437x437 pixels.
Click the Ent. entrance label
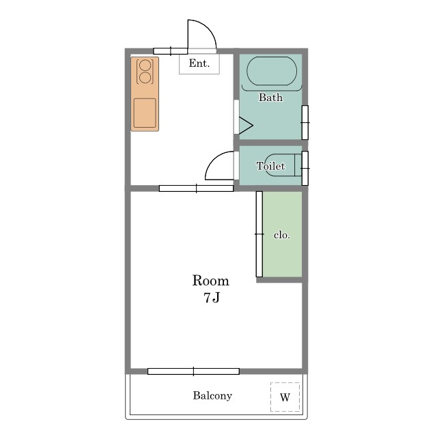[199, 64]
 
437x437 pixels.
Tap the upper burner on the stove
[145, 66]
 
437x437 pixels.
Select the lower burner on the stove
[145, 78]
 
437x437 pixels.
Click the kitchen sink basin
[145, 113]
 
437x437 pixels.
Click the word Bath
[270, 97]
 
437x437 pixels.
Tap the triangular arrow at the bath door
[246, 126]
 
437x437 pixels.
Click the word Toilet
[270, 166]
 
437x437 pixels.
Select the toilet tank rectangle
[298, 165]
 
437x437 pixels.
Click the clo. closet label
[282, 235]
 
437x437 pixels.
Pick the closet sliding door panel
[259, 234]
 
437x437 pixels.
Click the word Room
[211, 281]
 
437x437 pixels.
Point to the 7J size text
[212, 298]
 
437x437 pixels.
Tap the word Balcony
[212, 396]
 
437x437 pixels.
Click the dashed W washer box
[285, 397]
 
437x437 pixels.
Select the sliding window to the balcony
[193, 371]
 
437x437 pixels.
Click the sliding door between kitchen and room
[196, 188]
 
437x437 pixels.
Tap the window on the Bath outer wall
[305, 122]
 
